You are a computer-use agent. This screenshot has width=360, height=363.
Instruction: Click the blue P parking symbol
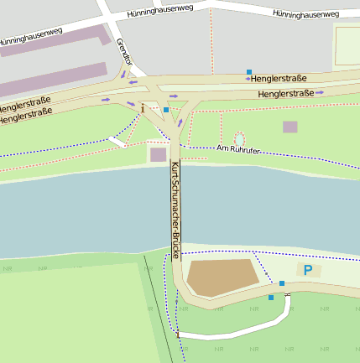pos(308,270)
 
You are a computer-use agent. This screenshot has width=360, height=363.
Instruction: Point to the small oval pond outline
pos(239,138)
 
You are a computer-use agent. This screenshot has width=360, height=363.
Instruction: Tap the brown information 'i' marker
pos(143,108)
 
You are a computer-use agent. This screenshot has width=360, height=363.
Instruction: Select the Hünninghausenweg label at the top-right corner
pos(306,14)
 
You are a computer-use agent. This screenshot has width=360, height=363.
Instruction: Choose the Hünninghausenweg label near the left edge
pos(31,36)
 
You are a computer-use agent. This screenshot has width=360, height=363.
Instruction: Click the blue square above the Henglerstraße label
pos(249,72)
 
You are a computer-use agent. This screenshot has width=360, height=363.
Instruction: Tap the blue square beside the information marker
pos(166,110)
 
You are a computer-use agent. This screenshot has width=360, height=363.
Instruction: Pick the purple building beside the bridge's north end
pos(158,154)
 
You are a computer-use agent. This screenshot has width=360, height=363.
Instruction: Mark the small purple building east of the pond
pos(290,127)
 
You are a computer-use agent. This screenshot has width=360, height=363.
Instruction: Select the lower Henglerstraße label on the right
pos(285,93)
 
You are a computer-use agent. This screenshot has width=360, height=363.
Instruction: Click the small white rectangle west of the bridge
pos(117,142)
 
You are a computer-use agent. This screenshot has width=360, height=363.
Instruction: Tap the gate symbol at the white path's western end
pos(178,334)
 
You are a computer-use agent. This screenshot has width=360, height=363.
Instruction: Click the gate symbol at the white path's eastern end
pos(288,294)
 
